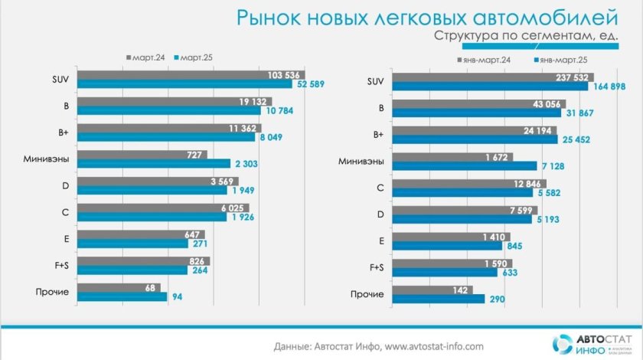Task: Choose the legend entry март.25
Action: tap(195, 57)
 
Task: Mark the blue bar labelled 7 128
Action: tap(464, 165)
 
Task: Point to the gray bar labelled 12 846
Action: tap(458, 184)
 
